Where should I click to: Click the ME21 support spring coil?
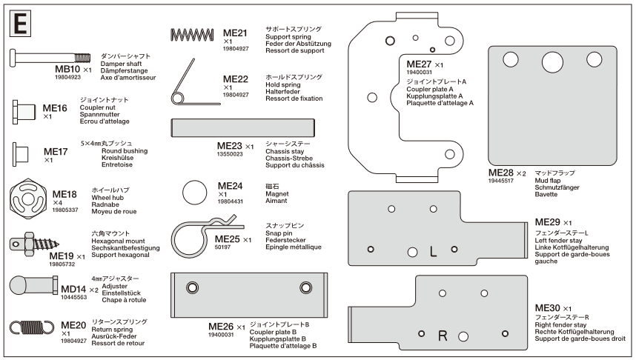(x=192, y=34)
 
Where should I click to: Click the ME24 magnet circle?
(x=194, y=191)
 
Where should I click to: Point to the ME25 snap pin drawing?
(x=196, y=236)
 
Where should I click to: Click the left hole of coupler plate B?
(x=192, y=287)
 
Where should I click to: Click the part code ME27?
(x=419, y=64)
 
